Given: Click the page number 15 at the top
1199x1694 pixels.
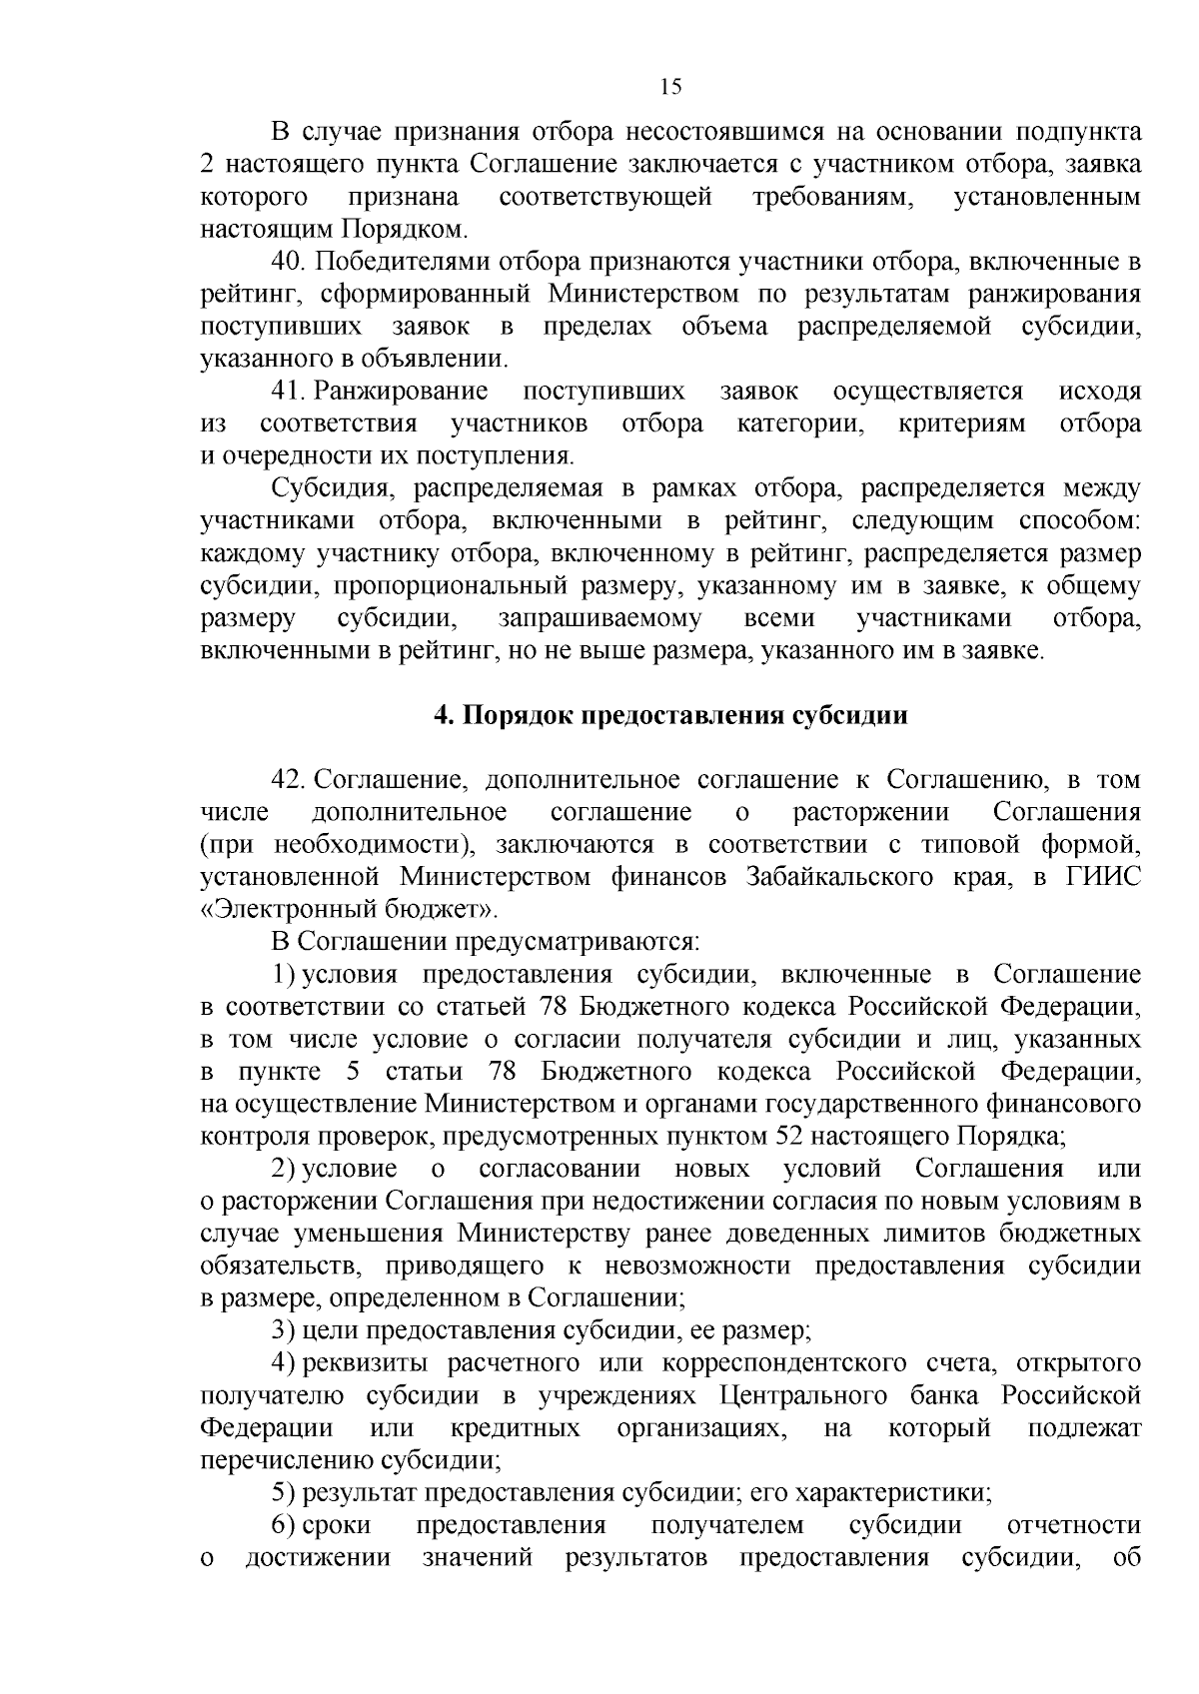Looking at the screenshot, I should (670, 87).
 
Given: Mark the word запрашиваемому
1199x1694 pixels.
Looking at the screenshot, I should (599, 618).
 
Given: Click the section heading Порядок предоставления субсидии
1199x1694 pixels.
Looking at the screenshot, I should (670, 716).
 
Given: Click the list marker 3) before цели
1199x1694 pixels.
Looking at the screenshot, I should (282, 1330).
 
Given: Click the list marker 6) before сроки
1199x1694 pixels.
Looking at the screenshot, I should (282, 1525).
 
